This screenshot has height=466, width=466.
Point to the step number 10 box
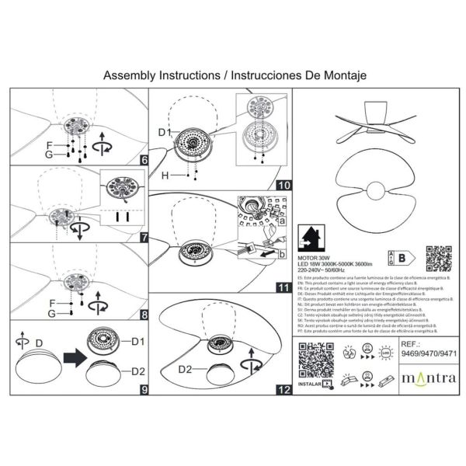pyautogui.click(x=283, y=185)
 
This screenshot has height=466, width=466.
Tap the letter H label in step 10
pyautogui.click(x=165, y=176)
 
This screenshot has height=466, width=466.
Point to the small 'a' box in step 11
pyautogui.click(x=281, y=221)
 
